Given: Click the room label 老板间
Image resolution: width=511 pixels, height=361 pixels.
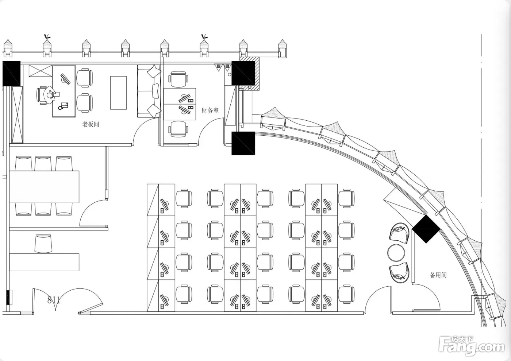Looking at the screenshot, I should coord(91,124).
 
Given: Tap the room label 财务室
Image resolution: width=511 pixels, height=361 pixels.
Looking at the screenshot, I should coord(210,110).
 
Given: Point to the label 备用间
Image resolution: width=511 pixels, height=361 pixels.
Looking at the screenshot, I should coord(438,275).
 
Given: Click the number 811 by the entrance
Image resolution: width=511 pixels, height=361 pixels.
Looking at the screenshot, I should coord(54,300).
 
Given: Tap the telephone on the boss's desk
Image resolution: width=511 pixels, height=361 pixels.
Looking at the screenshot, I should coord(63,106).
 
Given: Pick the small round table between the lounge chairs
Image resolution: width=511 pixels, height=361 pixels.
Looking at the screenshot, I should coord(397,252).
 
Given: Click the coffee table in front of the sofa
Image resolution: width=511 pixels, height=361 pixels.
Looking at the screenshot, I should coord(118,93).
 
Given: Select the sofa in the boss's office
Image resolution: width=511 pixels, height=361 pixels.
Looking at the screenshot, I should coord(149,91).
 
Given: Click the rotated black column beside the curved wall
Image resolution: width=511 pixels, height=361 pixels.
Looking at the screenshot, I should coord(426,229).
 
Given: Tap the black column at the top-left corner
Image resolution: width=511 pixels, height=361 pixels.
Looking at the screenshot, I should coord(11,74).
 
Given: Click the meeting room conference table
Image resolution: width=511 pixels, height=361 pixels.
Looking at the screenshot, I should coord(44,187).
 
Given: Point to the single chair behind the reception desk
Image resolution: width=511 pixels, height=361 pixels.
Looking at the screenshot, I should coord(43,244).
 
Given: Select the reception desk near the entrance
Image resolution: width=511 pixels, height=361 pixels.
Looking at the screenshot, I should coord(44,262).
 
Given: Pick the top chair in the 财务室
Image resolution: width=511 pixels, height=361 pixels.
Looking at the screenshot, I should coord(178,79).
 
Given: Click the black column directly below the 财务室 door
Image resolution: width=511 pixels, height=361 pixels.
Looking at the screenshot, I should coord(243,143).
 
